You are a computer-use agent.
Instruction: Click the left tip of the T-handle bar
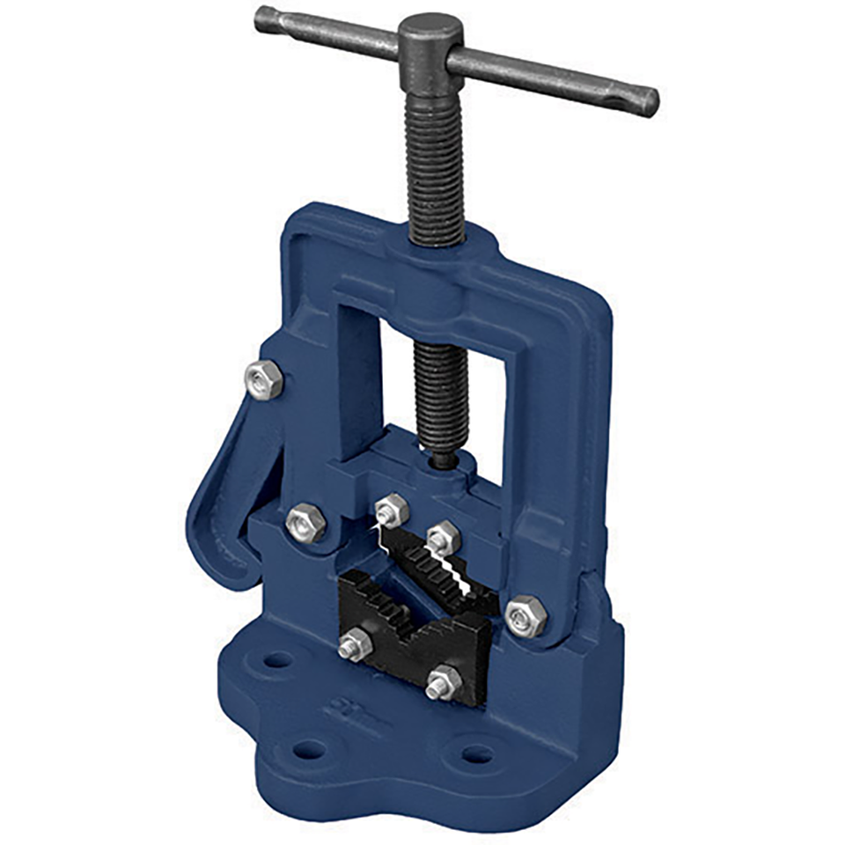click(x=262, y=18)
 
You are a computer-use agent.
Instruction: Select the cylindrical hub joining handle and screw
click(x=429, y=44)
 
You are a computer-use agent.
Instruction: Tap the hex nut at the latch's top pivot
click(x=263, y=379)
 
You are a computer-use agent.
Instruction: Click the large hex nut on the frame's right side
click(x=527, y=614)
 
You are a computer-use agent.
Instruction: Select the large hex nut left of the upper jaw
click(x=306, y=522)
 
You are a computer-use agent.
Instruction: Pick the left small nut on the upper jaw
click(x=391, y=510)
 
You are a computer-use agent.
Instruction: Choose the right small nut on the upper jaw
click(x=443, y=537)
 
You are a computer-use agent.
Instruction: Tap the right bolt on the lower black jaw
click(x=444, y=682)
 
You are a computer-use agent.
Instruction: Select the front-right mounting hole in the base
click(x=477, y=754)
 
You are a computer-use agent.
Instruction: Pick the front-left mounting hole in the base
click(x=309, y=749)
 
